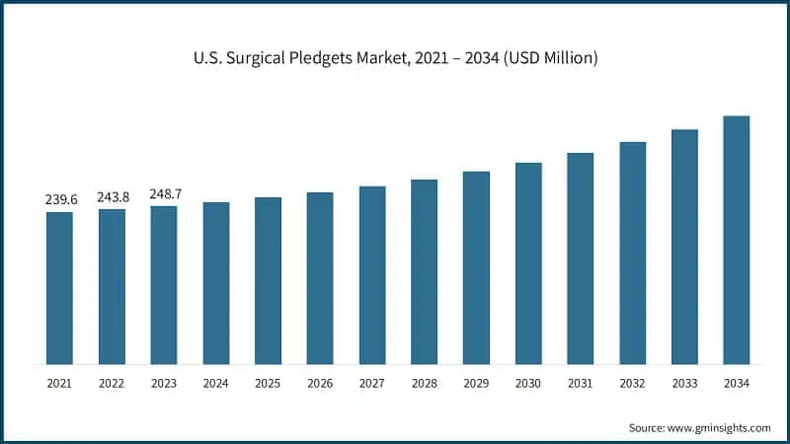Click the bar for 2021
(59, 288)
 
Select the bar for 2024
(216, 283)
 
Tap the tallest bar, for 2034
(736, 240)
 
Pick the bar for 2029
(476, 267)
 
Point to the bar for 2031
(580, 259)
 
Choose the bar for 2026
(320, 278)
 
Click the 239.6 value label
(59, 200)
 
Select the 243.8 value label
(112, 197)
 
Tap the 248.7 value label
(164, 194)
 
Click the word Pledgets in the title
(326, 59)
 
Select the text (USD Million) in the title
(549, 59)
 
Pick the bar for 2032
(632, 253)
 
